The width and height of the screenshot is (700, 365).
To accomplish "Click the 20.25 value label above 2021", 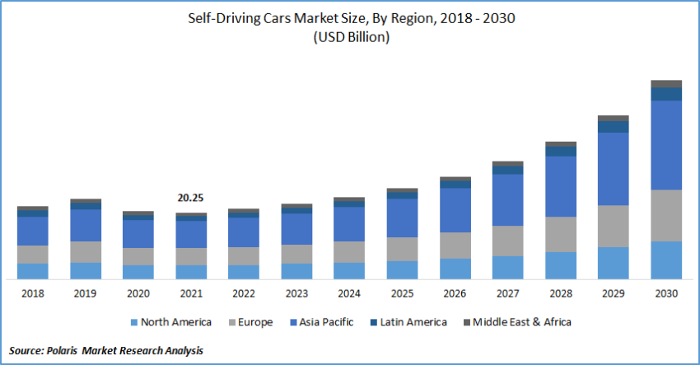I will pos(190,198).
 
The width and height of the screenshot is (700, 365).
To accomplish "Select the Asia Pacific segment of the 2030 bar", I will pos(666,144).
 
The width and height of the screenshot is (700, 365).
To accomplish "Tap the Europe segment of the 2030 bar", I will pos(666,215).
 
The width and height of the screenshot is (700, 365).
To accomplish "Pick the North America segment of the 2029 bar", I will pos(613,263).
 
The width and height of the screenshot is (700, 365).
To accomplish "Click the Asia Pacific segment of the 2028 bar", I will pos(560,186).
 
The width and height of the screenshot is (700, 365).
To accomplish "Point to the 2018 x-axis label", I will pos(32,292).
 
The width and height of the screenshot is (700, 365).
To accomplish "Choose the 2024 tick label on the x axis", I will pos(348,292).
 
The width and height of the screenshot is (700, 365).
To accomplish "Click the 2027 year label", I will pos(507,292).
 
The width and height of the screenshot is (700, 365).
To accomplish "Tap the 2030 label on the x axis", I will pos(666,292).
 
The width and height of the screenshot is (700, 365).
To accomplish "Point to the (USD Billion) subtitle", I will pos(350,37).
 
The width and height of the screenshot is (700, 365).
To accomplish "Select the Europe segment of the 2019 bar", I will pos(85,252).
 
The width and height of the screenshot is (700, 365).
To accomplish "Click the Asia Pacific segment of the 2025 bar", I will pos(401,218).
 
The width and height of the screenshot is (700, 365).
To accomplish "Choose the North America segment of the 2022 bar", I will pos(243,272).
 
